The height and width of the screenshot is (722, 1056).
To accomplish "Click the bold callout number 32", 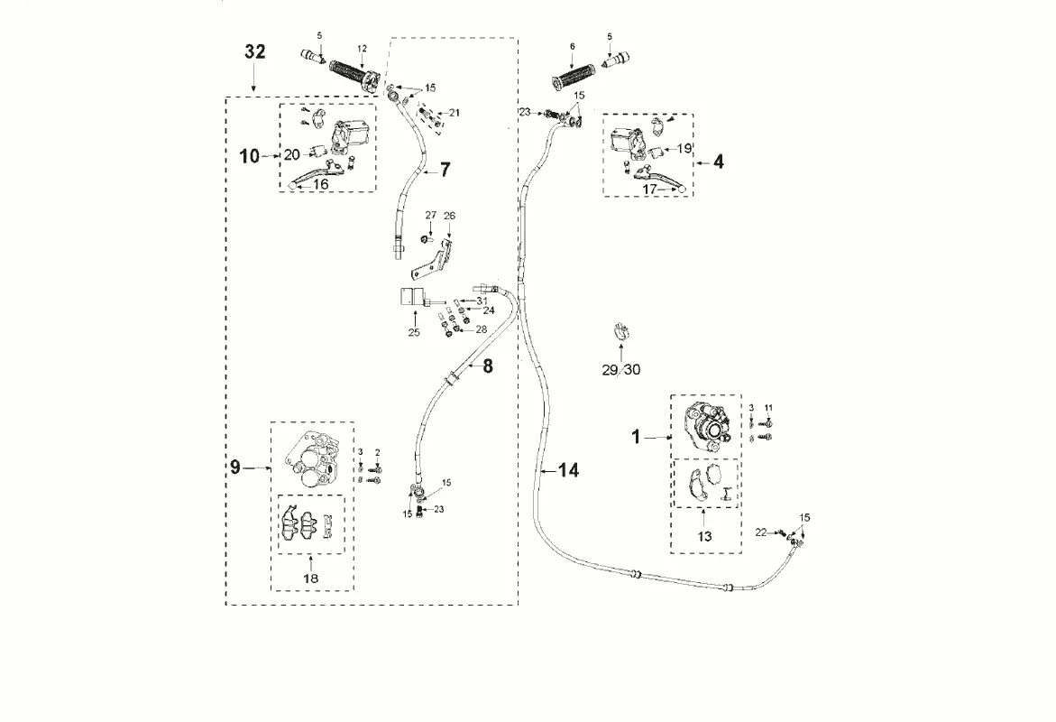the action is [x=255, y=51].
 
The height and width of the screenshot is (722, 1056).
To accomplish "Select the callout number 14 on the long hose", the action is [x=569, y=470].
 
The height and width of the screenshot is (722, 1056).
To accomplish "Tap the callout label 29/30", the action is [x=621, y=369].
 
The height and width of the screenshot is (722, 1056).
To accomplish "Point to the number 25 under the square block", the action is [x=414, y=332].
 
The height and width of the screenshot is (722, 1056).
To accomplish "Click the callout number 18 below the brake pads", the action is [x=311, y=578].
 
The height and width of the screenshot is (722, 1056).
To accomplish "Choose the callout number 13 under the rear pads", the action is [x=704, y=537].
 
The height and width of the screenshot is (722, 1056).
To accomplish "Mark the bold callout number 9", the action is [x=235, y=467].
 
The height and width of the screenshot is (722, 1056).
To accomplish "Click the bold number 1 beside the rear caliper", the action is [x=635, y=438].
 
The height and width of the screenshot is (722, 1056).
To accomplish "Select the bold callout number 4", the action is [x=719, y=162].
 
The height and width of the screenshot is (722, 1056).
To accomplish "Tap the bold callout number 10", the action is [x=249, y=156].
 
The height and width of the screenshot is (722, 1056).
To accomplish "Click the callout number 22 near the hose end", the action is [x=761, y=532].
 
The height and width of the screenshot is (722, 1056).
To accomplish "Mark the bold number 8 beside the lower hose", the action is [x=488, y=366].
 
